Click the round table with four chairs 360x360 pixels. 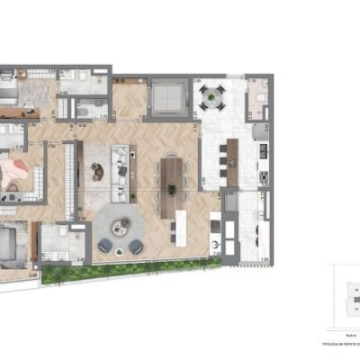click(x=213, y=94)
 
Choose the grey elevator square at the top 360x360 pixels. click(x=166, y=94)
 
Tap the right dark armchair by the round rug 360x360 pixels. click(x=137, y=245)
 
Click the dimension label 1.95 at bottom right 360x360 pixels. click(x=265, y=259)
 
